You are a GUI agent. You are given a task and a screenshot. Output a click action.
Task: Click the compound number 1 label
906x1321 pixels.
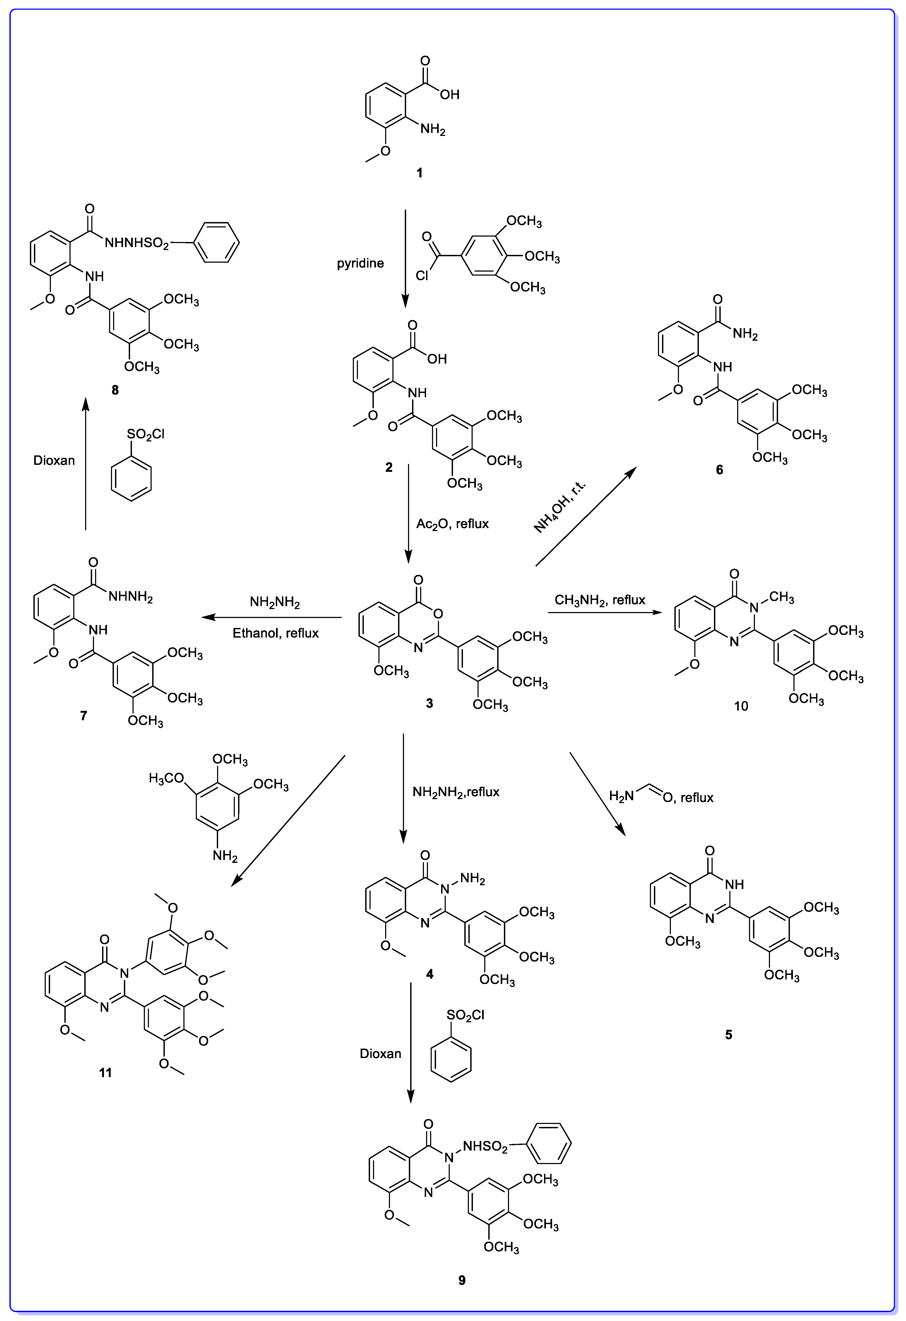pos(420,173)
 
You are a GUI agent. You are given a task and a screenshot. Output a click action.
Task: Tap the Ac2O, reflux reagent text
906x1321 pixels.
pos(452,524)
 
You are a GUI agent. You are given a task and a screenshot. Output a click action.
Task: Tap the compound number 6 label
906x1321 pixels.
pos(719,469)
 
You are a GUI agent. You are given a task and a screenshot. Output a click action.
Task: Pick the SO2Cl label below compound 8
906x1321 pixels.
pos(146,434)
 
